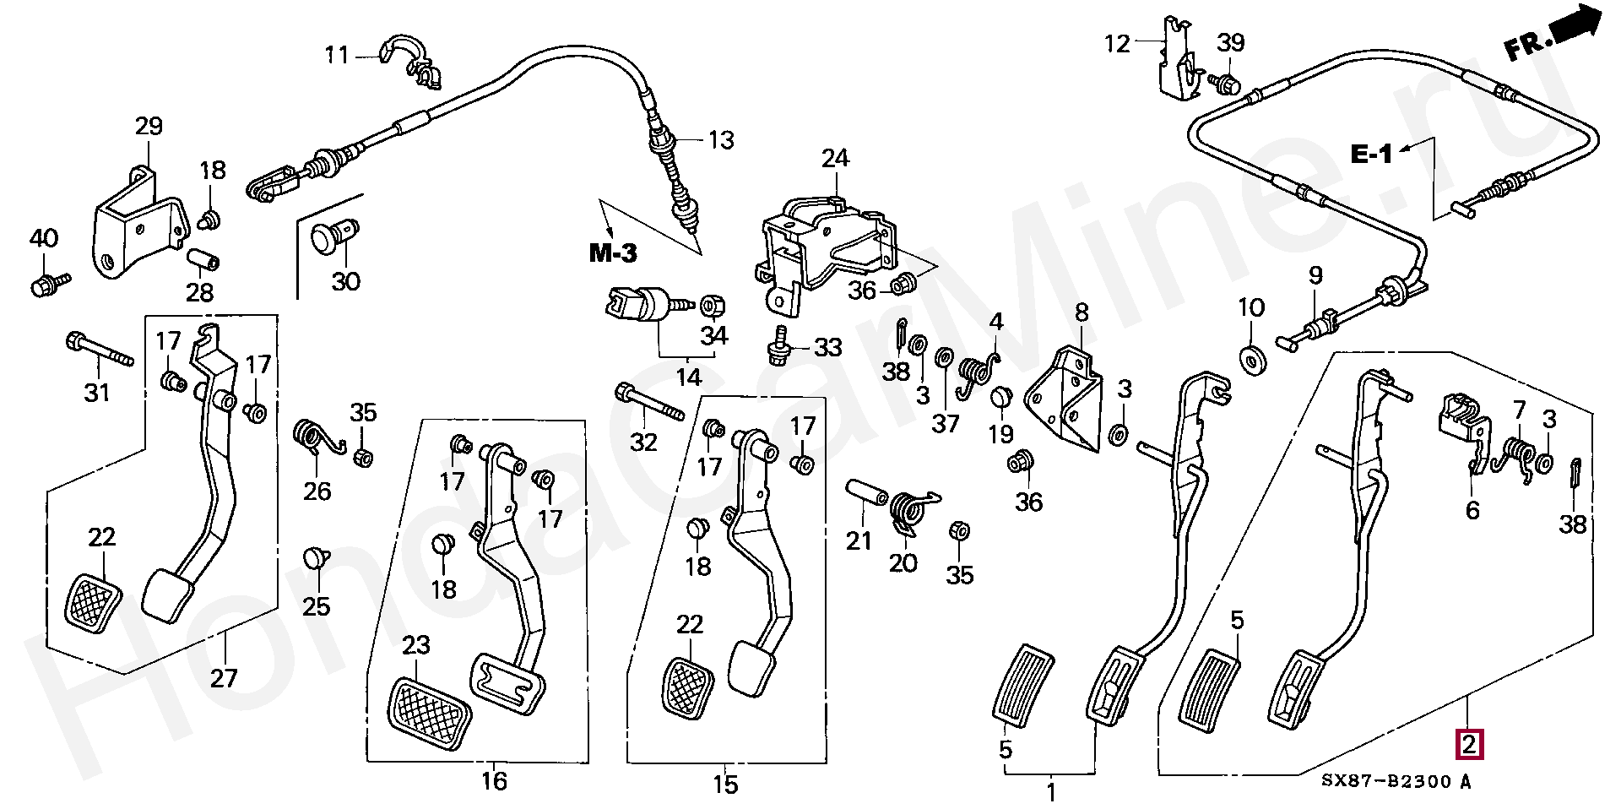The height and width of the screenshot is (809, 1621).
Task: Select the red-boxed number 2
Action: (1468, 744)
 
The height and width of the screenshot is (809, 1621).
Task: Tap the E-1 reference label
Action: (1372, 154)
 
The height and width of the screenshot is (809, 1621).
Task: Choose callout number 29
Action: (149, 127)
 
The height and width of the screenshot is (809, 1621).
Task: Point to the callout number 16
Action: (495, 781)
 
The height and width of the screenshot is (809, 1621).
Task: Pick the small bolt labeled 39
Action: (1226, 83)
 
